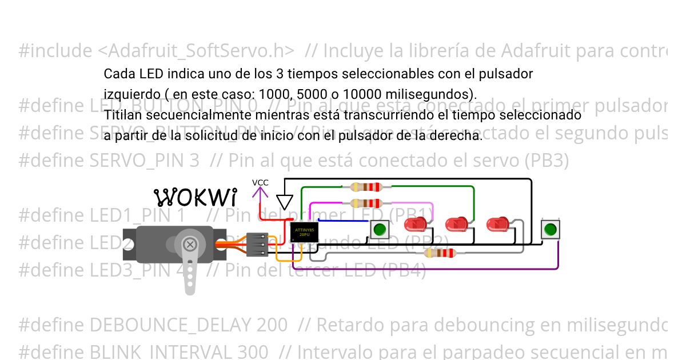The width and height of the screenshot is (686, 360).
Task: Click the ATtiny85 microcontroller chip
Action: click(303, 232)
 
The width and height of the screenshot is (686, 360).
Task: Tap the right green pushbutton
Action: click(550, 230)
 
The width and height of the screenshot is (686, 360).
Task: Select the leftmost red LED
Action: click(413, 224)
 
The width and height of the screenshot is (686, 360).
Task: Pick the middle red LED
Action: click(456, 224)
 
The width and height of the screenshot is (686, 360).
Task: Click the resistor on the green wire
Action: click(366, 187)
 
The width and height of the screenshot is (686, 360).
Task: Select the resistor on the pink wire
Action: click(366, 203)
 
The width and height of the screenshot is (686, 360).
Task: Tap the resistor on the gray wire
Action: click(439, 253)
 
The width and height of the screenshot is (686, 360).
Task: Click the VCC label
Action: click(260, 183)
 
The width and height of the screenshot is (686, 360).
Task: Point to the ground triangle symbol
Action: click(284, 202)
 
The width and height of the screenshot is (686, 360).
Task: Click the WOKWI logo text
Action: click(196, 197)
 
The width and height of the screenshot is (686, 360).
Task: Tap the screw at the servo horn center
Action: click(190, 245)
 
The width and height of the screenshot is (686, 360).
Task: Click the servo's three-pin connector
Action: click(257, 244)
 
